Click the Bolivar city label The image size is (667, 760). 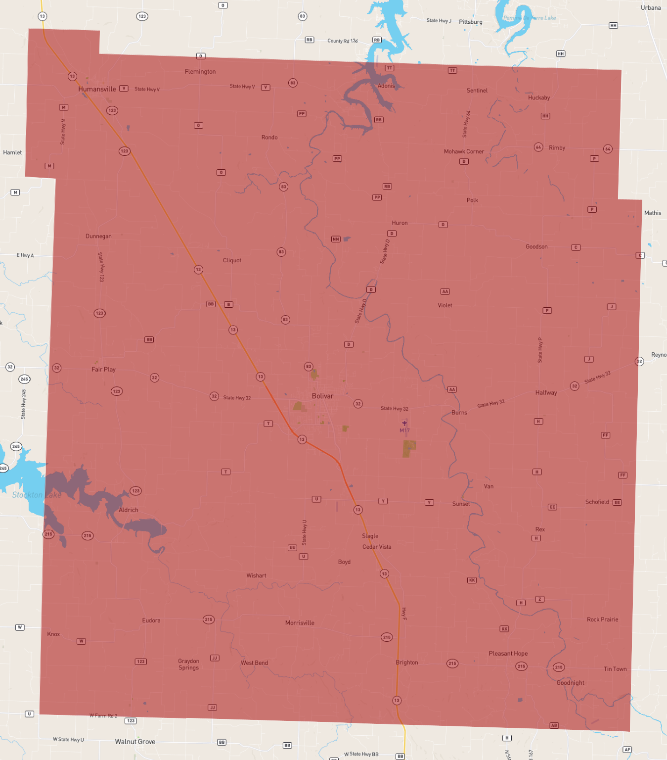pos(322,396)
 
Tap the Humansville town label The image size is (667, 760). pos(97,89)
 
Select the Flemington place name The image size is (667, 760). pos(200,72)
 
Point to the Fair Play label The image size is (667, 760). pos(103,369)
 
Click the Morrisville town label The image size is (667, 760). pos(300,622)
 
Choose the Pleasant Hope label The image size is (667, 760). pos(508,653)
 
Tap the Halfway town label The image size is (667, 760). pos(546,392)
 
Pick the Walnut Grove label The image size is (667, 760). pos(135,741)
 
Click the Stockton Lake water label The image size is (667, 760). pos(37,495)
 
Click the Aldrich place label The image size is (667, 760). pos(129,510)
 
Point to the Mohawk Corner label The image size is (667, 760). pos(464,151)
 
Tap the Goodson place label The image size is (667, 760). pos(536,246)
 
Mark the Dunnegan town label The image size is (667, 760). pos(98,236)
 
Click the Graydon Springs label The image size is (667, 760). pos(188,664)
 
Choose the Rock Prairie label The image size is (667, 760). pos(602,619)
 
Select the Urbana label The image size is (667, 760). pos(651,7)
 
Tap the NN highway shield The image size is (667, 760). pos(336,239)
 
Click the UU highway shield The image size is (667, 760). pos(292,548)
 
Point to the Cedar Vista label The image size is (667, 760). pos(377,547)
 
